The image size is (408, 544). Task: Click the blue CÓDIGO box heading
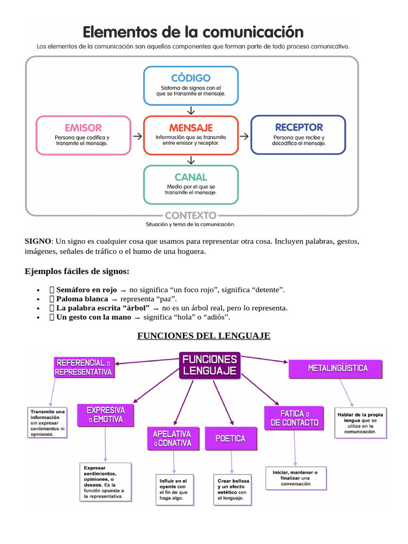point(191,78)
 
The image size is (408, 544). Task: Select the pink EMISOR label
point(83,128)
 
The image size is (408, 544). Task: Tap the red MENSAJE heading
point(191,128)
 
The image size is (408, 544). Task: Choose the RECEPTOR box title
point(299,127)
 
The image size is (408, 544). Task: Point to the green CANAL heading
point(191,177)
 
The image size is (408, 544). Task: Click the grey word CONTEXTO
point(191,216)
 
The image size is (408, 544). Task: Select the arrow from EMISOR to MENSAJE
point(137,136)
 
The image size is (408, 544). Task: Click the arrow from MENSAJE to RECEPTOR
point(244,136)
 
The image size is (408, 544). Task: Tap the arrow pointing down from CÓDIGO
point(191,110)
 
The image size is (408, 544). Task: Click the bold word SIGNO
point(38,241)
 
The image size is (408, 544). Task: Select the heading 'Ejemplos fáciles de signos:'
point(77,271)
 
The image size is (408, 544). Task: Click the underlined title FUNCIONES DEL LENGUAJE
point(204,336)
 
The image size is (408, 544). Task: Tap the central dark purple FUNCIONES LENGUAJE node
point(210,365)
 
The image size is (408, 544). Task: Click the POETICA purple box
point(230,438)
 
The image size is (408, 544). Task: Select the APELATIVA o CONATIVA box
point(172,438)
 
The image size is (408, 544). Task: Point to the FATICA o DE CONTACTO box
point(294,418)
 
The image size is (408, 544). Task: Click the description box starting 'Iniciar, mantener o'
point(295,478)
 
